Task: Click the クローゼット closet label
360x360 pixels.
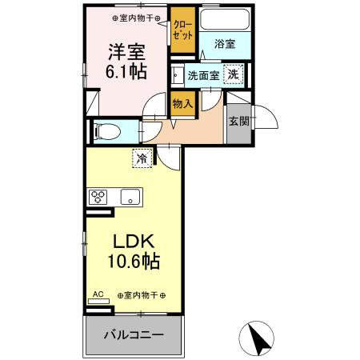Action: (x=182, y=30)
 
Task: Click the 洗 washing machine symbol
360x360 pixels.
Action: (x=232, y=74)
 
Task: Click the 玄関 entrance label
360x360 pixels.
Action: (x=237, y=121)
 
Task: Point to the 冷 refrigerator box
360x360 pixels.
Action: (x=141, y=158)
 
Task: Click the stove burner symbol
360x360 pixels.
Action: (x=98, y=196)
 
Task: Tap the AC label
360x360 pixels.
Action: (x=98, y=294)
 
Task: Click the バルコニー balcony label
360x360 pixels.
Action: (x=134, y=334)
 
